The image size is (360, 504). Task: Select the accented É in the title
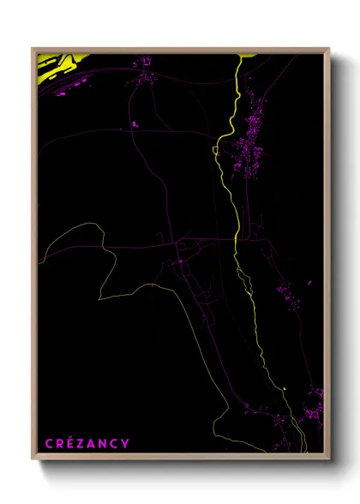tap(68, 443)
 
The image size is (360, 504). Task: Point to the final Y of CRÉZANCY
tap(126, 443)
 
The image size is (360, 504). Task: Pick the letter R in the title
tap(57, 443)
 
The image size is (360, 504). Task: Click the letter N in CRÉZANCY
tap(103, 443)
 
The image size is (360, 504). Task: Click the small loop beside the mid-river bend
tap(218, 151)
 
